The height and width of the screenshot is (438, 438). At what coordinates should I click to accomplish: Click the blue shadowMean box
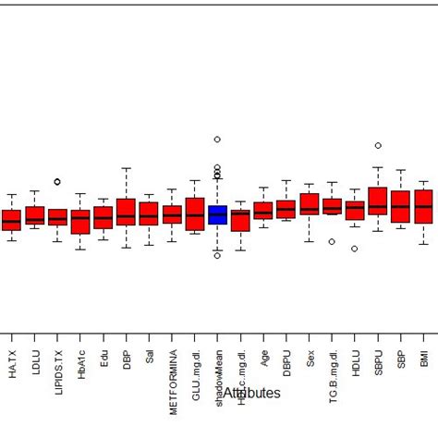217,214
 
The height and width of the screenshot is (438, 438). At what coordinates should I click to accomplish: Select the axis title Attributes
251,393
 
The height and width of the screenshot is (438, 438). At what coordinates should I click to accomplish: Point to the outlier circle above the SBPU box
377,145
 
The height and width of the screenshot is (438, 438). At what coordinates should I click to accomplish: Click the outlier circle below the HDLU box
354,249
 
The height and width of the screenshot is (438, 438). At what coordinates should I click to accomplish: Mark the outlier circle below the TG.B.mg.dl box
332,241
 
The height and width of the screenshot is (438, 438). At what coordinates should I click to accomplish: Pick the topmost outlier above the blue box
217,140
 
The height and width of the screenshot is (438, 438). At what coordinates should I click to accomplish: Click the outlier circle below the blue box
217,255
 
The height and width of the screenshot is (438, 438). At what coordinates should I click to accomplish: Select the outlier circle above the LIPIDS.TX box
57,182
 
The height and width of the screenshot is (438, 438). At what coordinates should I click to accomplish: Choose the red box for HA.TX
11,220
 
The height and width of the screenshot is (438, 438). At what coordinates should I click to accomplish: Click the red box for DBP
126,213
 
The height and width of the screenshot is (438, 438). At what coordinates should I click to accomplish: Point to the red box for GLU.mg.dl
195,213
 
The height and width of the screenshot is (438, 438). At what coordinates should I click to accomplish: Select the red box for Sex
310,204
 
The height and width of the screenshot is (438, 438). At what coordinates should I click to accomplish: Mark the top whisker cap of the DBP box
126,168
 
